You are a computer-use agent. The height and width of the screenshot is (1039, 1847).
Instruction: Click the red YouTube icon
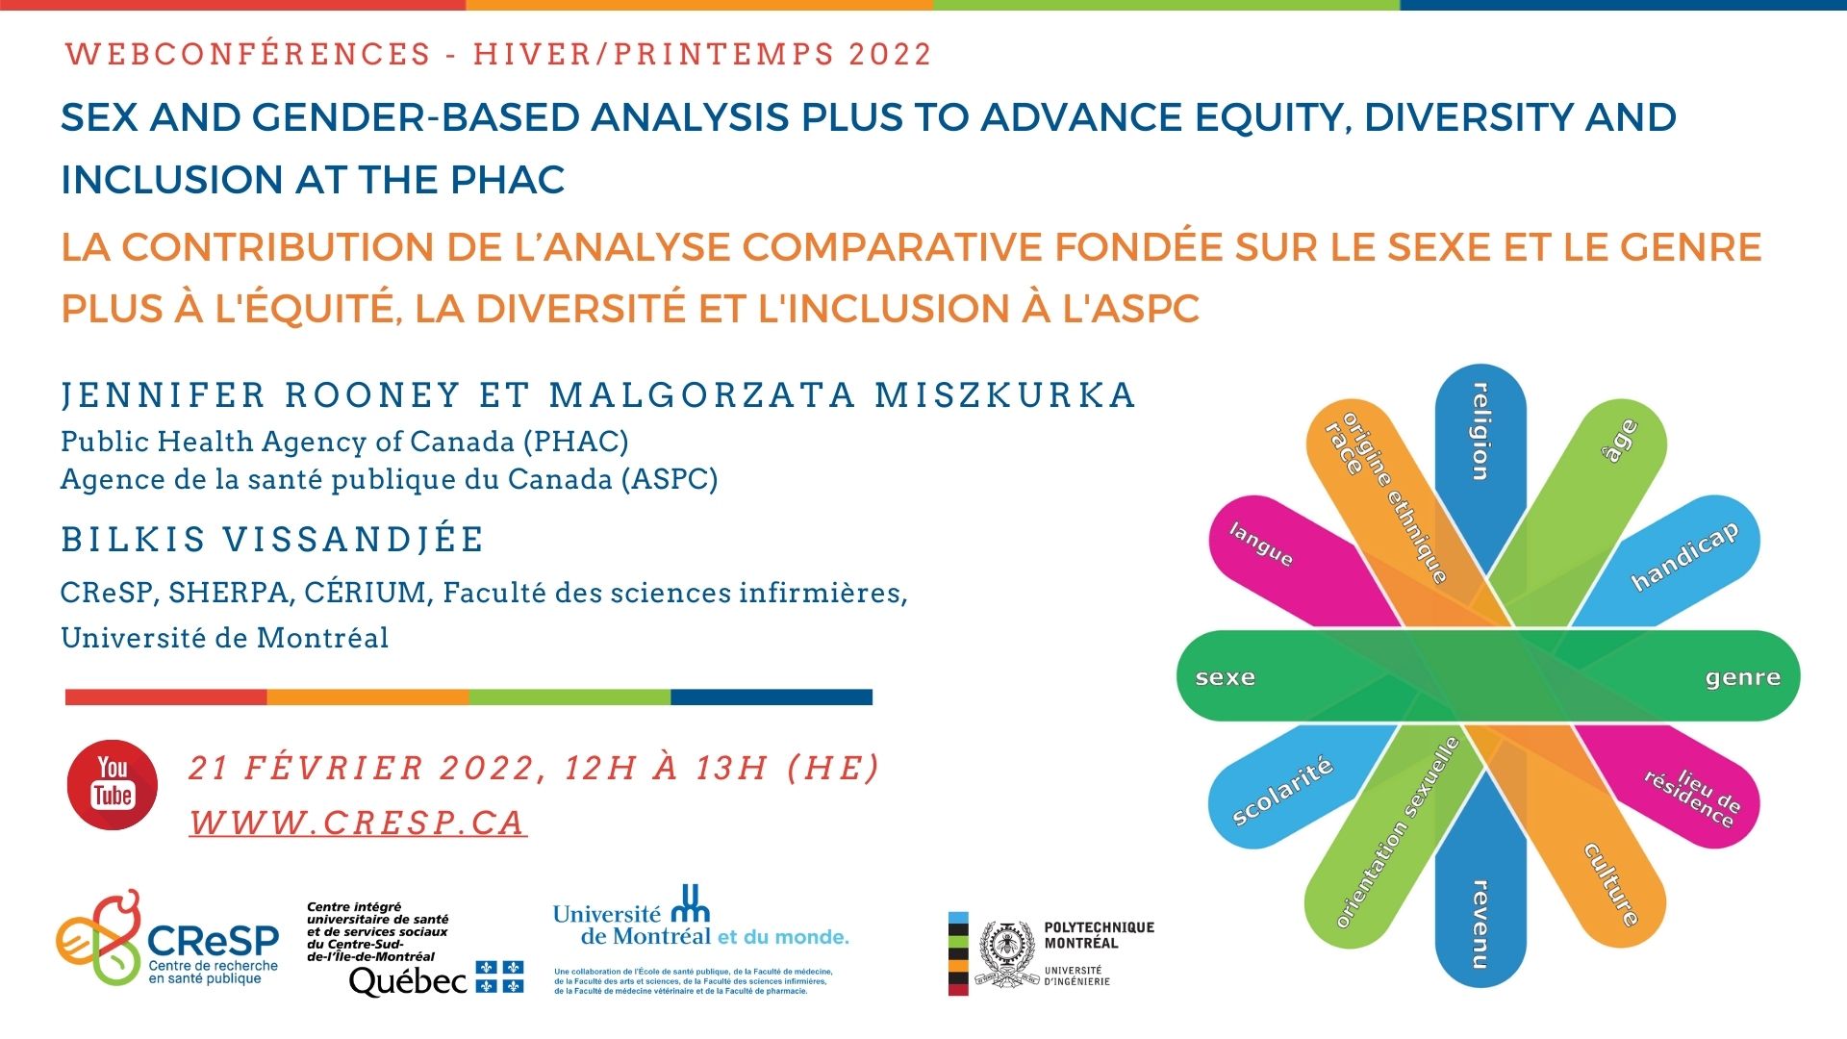click(x=113, y=784)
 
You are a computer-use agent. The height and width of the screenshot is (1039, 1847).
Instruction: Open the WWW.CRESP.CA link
click(x=358, y=823)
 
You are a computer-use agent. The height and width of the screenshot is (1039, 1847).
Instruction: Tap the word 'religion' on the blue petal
click(x=1480, y=432)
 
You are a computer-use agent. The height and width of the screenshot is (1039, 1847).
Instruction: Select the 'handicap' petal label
click(x=1684, y=557)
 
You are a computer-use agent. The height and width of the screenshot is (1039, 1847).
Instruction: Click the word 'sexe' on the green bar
click(x=1225, y=677)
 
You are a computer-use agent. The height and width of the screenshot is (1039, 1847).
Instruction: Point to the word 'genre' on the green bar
click(x=1742, y=677)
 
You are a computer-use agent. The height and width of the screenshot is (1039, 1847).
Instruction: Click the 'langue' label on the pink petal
click(x=1261, y=545)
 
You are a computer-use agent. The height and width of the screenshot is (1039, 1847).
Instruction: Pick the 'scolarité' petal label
click(x=1282, y=791)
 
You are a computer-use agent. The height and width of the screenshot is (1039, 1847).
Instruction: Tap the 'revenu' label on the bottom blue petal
click(x=1480, y=923)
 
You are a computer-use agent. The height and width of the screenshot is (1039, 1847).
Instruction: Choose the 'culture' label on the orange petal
click(x=1611, y=884)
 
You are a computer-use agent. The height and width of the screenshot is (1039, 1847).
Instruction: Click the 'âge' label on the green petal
click(x=1622, y=441)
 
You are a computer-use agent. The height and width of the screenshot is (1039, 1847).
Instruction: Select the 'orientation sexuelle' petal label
click(x=1397, y=833)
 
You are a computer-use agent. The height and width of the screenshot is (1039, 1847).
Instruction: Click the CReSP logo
click(x=168, y=938)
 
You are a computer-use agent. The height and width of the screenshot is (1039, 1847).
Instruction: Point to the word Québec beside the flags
click(x=408, y=981)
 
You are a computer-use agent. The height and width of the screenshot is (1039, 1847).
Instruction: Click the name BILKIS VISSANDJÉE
click(x=272, y=539)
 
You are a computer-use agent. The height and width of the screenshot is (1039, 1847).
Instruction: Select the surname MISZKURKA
click(x=1005, y=395)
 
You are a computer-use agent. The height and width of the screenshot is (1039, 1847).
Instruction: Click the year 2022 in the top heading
click(x=890, y=54)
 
